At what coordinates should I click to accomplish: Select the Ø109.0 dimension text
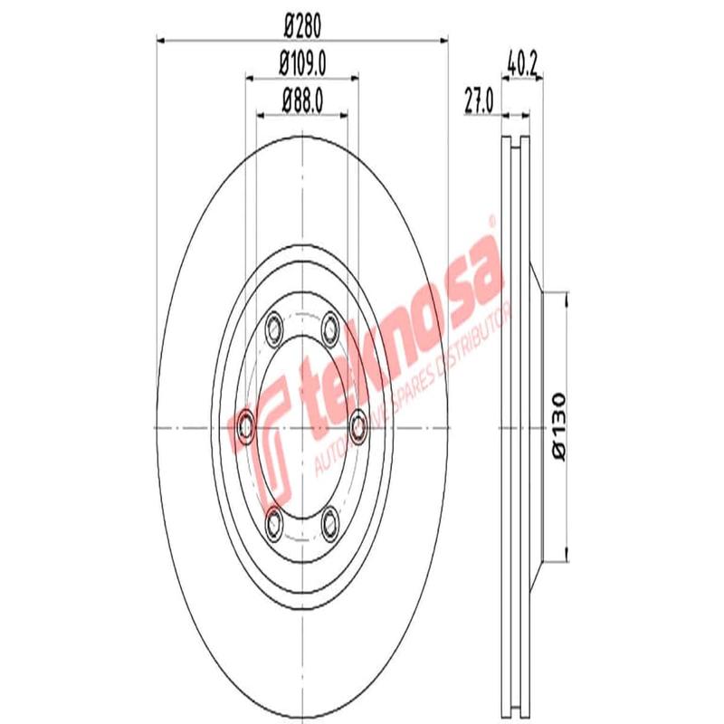[302, 65]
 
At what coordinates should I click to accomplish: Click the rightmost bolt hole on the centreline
[358, 423]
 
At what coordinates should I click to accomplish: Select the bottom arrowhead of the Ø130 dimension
[566, 555]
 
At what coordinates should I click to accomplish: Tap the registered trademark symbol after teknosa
[491, 220]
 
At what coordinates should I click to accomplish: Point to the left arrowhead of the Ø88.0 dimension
[262, 114]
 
